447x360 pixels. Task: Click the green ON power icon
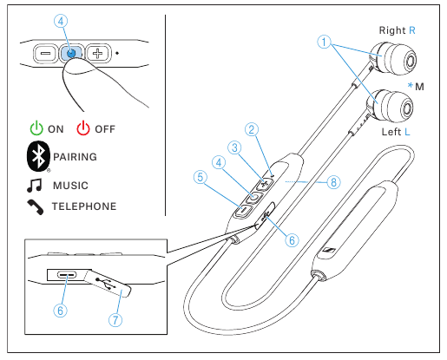pyautogui.click(x=36, y=128)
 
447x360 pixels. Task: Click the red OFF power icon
pyautogui.click(x=83, y=128)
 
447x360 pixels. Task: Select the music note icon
pyautogui.click(x=36, y=186)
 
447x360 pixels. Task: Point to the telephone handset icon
pyautogui.click(x=36, y=207)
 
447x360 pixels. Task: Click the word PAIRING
pyautogui.click(x=76, y=158)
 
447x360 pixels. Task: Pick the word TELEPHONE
pyautogui.click(x=84, y=207)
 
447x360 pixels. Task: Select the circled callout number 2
pyautogui.click(x=252, y=130)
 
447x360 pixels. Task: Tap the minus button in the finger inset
pyautogui.click(x=46, y=52)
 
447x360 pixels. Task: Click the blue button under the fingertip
pyautogui.click(x=72, y=53)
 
